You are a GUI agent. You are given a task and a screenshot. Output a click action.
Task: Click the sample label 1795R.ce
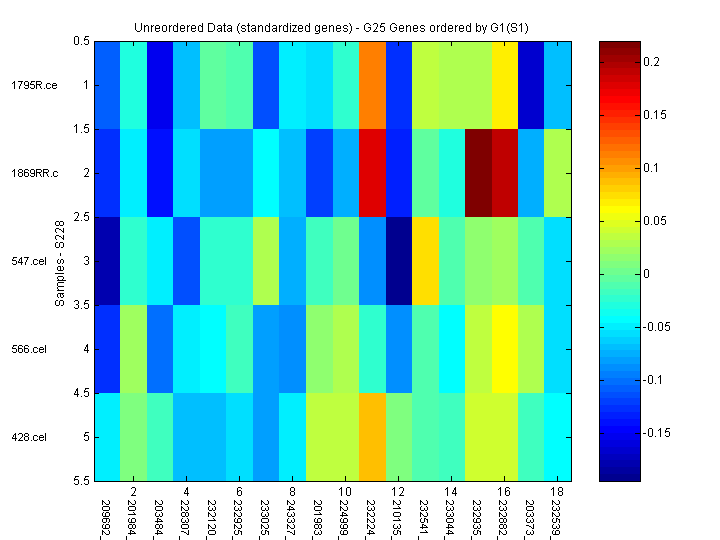pos(34,85)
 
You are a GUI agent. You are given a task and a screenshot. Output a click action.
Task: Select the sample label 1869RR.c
pos(35,173)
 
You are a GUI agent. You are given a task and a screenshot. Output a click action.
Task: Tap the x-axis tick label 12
pos(397,492)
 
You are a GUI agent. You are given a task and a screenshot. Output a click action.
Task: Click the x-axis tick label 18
pos(557,492)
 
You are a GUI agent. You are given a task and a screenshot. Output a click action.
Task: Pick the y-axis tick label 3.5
pos(81,305)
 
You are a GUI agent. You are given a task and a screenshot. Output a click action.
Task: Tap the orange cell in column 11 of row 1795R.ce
pos(370,85)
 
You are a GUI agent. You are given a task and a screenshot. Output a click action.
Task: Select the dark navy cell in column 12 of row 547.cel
pos(397,261)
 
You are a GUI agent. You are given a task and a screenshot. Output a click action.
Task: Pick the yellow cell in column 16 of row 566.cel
pos(504,349)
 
